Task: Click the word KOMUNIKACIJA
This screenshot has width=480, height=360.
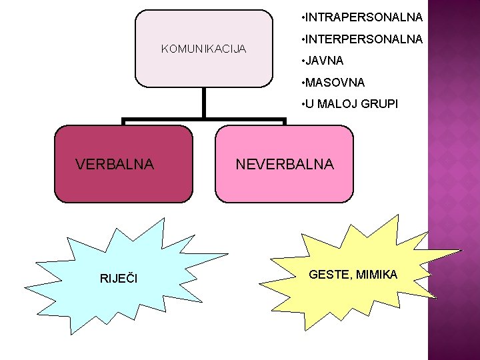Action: [x=204, y=49]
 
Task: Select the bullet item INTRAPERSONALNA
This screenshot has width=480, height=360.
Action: [x=364, y=16]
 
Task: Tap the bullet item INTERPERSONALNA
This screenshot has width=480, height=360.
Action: [x=364, y=39]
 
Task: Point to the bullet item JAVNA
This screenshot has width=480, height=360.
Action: [x=325, y=61]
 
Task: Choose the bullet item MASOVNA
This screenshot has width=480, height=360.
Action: [x=335, y=83]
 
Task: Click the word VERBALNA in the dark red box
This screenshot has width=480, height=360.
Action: [x=115, y=164]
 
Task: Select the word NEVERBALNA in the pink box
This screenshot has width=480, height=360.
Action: [x=285, y=164]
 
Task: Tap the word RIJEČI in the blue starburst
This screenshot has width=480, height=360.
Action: [x=118, y=278]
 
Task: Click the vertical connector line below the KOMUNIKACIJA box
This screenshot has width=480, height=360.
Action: [x=203, y=103]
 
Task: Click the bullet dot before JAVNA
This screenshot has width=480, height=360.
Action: [x=303, y=61]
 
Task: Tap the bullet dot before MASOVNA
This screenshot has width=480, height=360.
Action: [x=303, y=83]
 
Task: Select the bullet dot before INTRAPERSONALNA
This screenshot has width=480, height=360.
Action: [x=303, y=16]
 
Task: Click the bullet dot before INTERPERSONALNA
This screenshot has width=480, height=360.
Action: [x=303, y=39]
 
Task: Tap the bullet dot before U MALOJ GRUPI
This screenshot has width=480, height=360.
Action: [x=303, y=105]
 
